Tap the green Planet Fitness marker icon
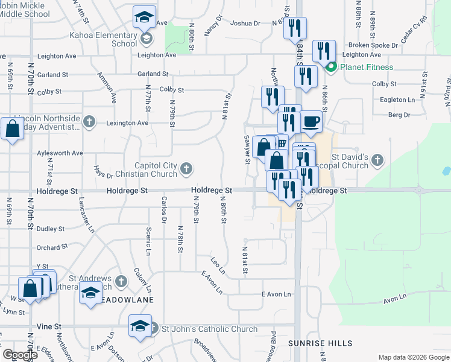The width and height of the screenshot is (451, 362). point(330,67)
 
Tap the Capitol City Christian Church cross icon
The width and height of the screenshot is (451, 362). point(186,168)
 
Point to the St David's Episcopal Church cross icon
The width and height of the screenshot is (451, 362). point(377,160)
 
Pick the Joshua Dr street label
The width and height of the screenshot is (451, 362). point(245,24)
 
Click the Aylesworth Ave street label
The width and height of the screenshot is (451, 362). point(60,153)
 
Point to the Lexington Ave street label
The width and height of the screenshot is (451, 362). point(127,122)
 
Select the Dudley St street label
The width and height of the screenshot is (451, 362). point(50,229)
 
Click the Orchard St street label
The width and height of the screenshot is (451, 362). point(52,247)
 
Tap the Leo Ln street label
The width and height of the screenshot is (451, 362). point(217,263)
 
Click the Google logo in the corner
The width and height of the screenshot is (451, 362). point(20,355)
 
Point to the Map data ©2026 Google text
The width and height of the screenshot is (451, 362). point(414,357)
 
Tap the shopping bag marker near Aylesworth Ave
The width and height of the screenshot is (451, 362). point(12,129)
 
